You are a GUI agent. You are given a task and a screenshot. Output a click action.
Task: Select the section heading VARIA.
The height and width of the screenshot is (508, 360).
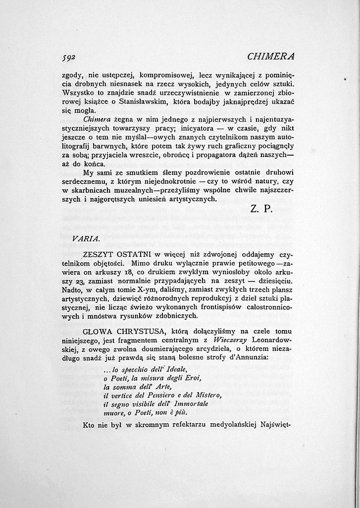(86, 238)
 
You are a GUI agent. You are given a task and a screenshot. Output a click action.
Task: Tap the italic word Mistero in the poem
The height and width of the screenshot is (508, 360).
(209, 395)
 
